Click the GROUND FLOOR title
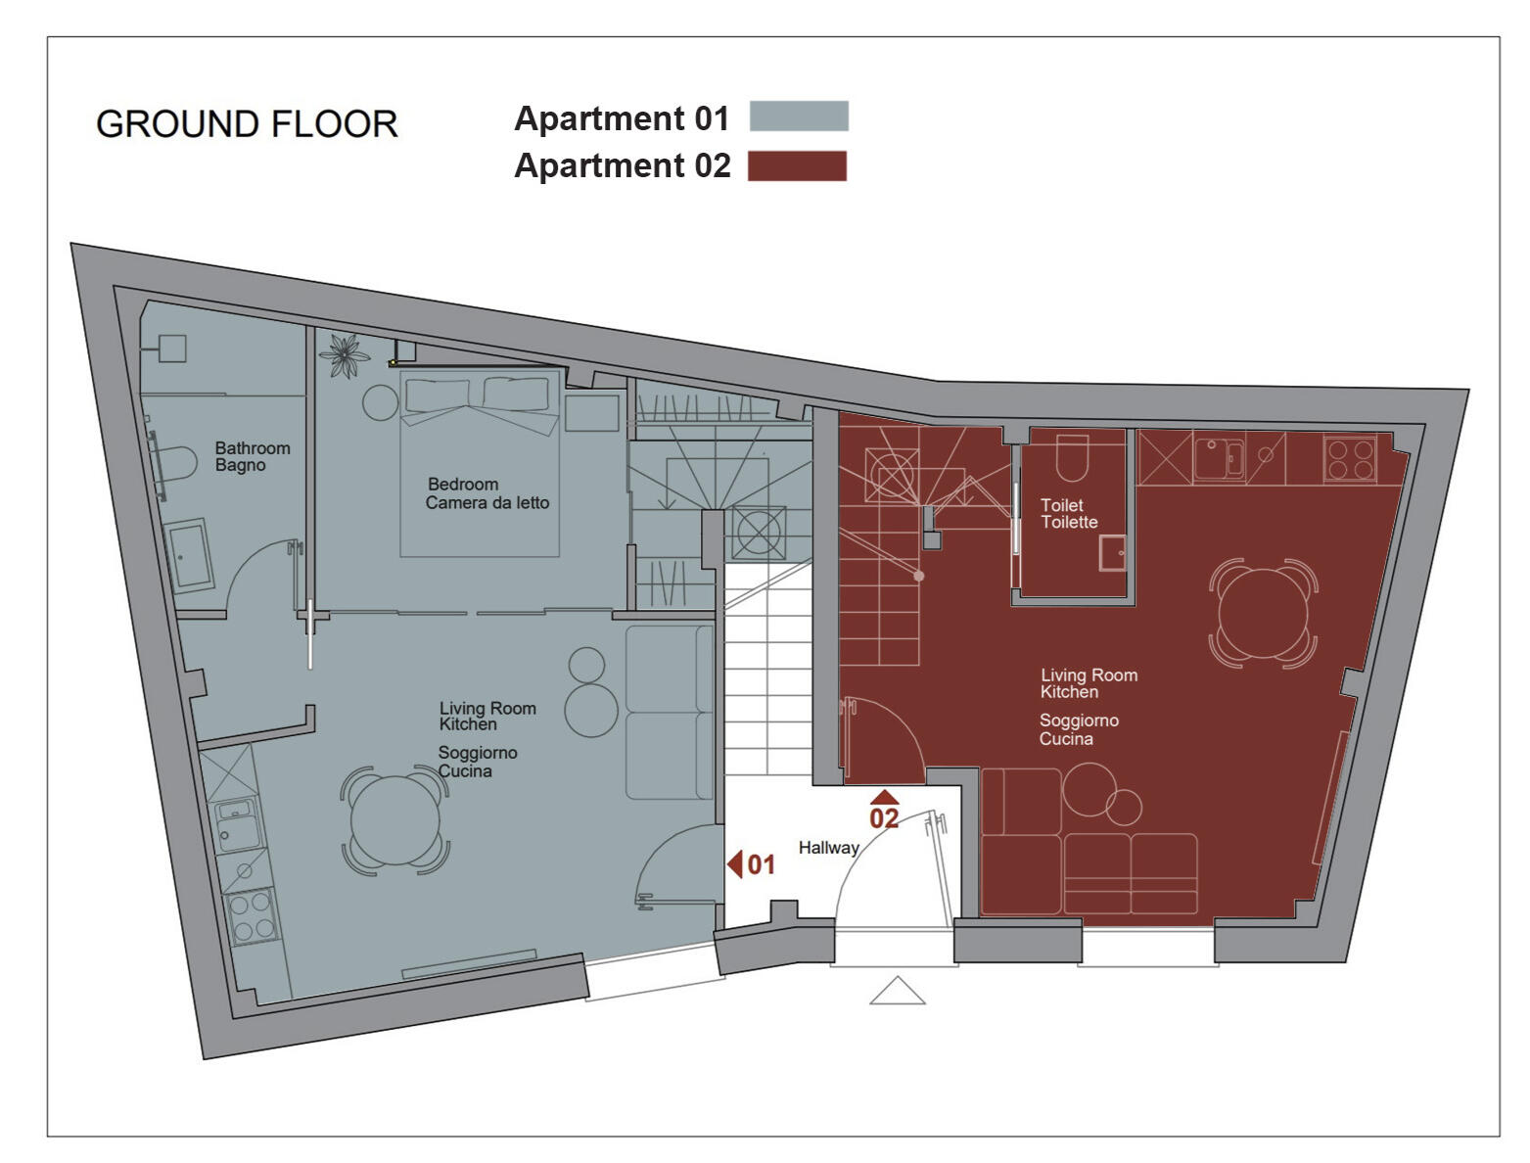[247, 124]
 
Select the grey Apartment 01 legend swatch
[798, 116]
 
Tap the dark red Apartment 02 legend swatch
[797, 166]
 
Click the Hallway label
[828, 848]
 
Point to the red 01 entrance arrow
[735, 863]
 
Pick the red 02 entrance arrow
[884, 798]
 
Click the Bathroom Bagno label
[252, 456]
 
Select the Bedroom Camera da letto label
[487, 493]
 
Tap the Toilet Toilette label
[1068, 513]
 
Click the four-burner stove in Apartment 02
[1349, 458]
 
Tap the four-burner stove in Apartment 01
[252, 916]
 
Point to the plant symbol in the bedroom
[345, 355]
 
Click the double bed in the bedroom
[480, 460]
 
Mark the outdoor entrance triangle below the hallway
[897, 992]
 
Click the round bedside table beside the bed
[380, 402]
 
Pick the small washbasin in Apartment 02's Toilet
[1112, 553]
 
